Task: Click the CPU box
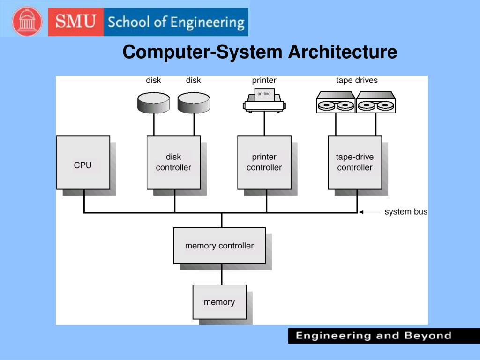coord(83,163)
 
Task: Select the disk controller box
coord(173,163)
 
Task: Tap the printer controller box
coord(264,163)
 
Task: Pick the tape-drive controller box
coord(355,163)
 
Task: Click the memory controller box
coord(219,246)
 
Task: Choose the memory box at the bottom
coord(219,302)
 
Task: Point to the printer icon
coord(264,100)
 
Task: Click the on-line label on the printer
coord(264,94)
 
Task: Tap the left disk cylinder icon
coord(154,103)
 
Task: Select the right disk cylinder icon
coord(194,103)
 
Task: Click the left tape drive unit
coord(336,102)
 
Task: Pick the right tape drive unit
coord(376,102)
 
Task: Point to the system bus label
coord(406,211)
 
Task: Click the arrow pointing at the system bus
coord(370,212)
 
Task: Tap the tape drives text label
coord(357,80)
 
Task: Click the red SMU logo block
coord(76,22)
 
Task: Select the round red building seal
coord(27,22)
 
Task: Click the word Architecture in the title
coord(343,52)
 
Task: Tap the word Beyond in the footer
coord(428,336)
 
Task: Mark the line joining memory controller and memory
coord(222,275)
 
